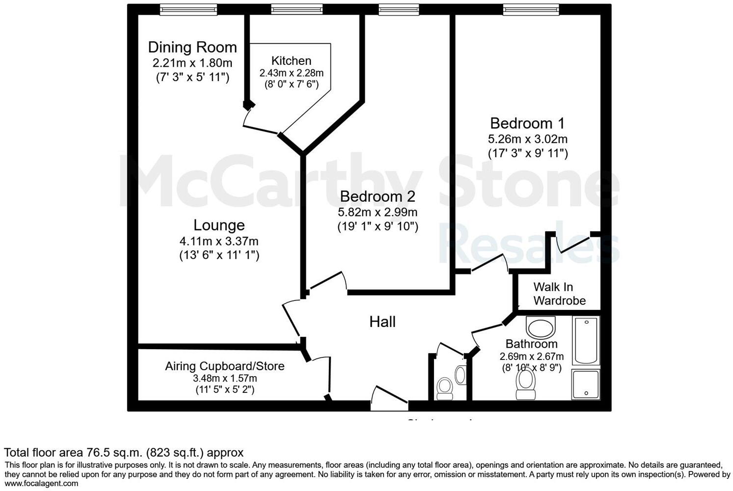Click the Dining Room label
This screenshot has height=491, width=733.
[192, 47]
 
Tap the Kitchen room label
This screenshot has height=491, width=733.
[291, 61]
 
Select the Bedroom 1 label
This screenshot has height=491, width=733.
[527, 123]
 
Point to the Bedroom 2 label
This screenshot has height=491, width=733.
[377, 196]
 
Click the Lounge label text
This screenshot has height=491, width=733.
[219, 225]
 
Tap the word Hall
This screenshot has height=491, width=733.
[382, 322]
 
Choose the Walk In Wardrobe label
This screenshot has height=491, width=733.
[559, 294]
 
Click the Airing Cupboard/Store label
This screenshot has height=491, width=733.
[225, 366]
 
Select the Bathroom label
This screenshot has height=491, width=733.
[531, 344]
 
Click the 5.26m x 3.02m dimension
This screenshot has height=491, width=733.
[527, 139]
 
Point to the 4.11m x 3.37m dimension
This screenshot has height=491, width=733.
[219, 241]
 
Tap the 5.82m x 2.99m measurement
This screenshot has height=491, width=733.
[377, 212]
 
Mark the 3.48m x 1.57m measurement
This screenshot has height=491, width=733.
[225, 379]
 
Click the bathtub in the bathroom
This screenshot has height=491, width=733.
[586, 340]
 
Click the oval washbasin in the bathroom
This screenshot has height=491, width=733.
[540, 327]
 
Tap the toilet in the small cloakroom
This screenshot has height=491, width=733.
[445, 387]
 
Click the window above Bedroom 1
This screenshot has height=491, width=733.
[531, 9]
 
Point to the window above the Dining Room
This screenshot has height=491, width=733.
[189, 9]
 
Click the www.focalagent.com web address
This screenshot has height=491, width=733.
[41, 483]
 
